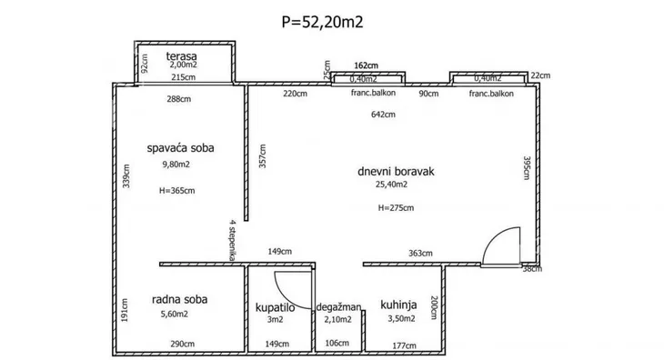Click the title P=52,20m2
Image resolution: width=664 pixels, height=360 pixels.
322,22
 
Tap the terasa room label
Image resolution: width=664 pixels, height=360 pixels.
181,55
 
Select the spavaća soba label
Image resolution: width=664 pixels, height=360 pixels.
180,148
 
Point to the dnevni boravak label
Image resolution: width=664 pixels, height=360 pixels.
396,171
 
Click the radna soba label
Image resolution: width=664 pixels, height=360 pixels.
179,299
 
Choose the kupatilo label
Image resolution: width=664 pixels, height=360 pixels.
275,307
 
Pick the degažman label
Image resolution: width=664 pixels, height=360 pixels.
338,307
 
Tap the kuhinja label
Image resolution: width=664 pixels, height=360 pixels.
398,305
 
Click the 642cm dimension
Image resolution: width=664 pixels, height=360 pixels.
383,115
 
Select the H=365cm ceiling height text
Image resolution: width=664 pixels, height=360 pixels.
177,191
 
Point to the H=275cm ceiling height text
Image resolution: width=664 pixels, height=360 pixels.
396,207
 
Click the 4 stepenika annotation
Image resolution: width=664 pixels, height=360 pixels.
232,240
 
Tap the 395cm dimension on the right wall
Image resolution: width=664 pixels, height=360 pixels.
527,168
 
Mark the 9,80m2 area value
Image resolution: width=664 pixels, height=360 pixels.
176,165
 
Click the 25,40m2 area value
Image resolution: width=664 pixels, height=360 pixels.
392,185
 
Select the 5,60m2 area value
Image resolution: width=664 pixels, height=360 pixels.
174,314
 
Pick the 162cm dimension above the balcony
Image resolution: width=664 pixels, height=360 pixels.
367,65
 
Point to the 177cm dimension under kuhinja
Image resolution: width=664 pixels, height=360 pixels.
404,345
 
